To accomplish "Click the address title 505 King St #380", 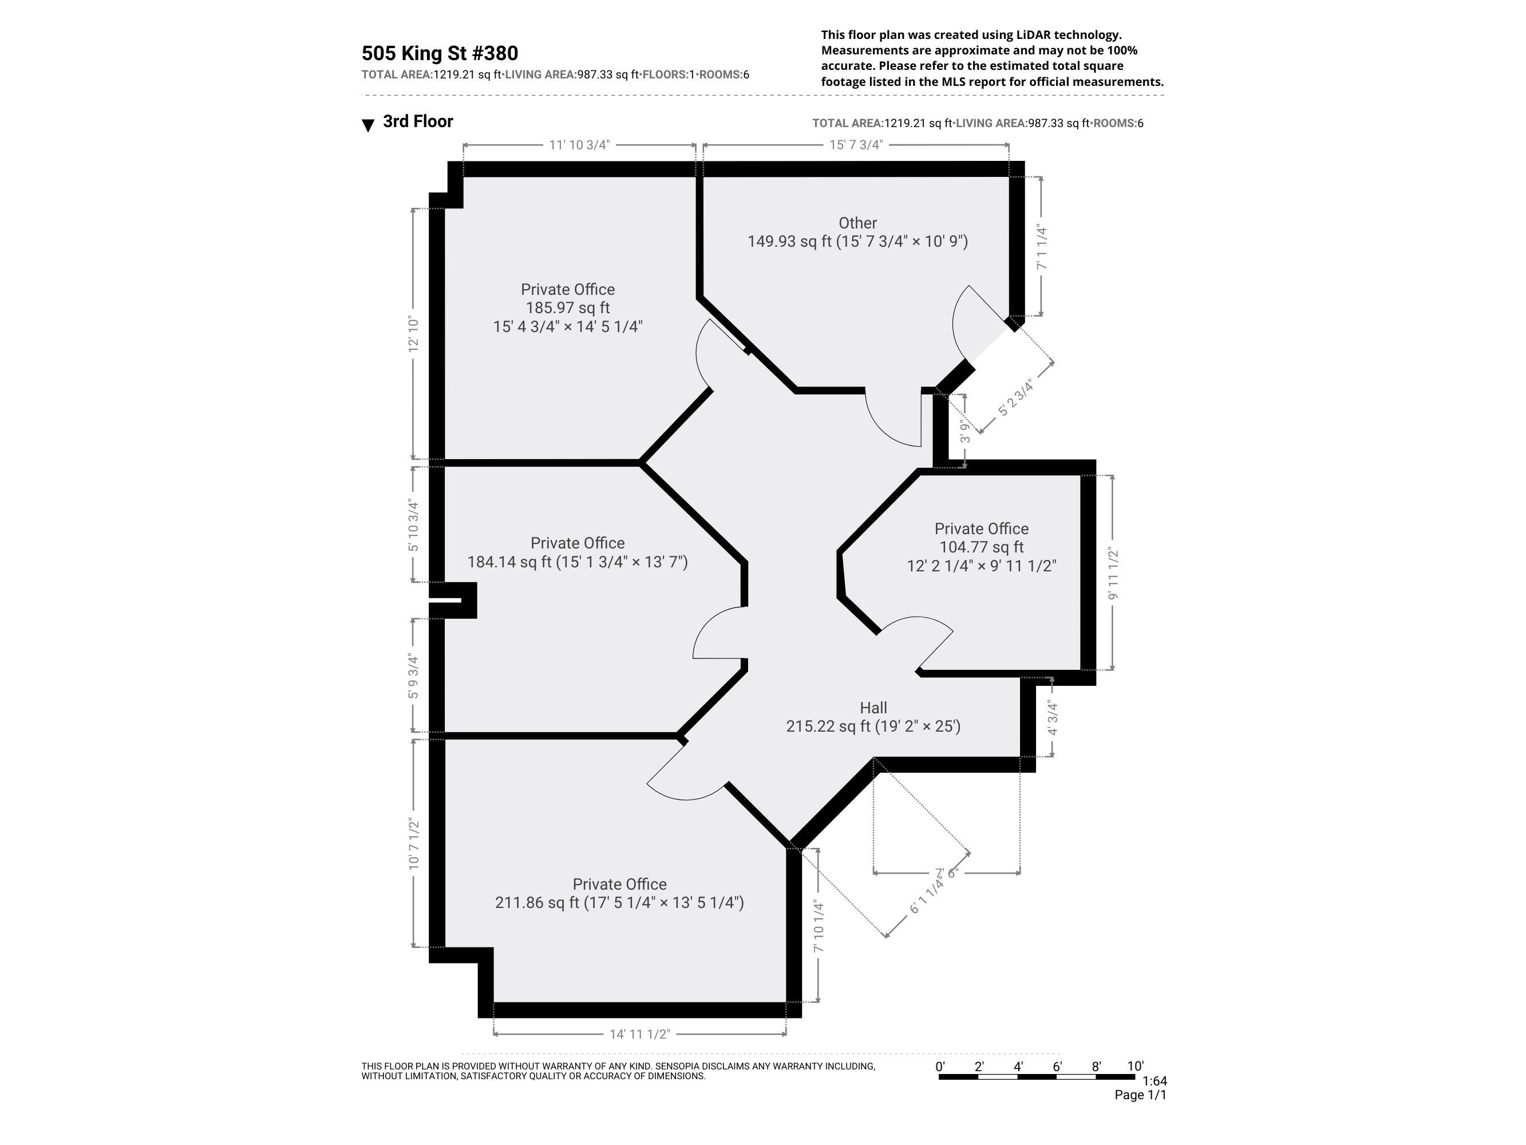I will (x=440, y=53).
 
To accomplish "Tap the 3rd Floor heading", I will (x=417, y=121).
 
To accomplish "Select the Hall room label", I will (x=873, y=708).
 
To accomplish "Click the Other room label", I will (x=857, y=223).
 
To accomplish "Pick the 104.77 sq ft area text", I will (x=981, y=547).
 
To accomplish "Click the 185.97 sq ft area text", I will (x=567, y=308).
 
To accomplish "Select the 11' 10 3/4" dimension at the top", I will (x=579, y=145).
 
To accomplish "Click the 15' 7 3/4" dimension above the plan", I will (x=856, y=145).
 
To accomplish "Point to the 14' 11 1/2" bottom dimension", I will (x=639, y=1034).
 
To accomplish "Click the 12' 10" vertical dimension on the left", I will (x=414, y=334).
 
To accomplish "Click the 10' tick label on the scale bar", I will (x=1135, y=1067).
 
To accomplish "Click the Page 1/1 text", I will (x=1140, y=1095).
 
